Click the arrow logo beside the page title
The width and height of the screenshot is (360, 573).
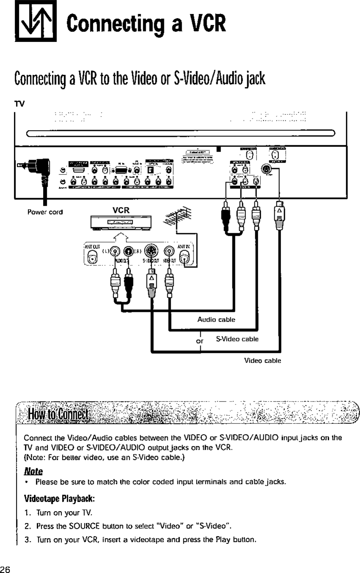click(35, 22)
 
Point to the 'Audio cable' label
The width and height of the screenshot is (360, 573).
click(216, 320)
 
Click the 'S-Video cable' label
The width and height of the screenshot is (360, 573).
click(237, 339)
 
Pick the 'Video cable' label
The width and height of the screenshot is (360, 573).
click(262, 360)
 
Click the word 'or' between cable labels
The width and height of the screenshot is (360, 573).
click(200, 341)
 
